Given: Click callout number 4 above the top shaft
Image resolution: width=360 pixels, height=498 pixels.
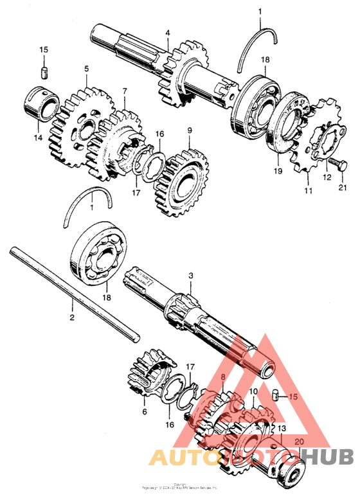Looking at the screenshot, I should coord(167,32).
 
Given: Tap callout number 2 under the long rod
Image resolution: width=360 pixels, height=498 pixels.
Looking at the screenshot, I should coord(72,317).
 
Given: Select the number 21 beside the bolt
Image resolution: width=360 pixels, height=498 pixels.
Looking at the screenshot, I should coord(342,187).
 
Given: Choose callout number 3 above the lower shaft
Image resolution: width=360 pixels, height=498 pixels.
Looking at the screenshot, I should coord(190,276).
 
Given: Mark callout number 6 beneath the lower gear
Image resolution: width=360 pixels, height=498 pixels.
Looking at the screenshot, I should coord(144,411).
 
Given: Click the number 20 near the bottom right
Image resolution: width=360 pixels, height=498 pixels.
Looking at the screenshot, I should coord(298,441).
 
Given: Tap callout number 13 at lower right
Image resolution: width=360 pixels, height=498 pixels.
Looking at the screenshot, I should coord(281,427).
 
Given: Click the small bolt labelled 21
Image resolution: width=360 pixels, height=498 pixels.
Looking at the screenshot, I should coord(337,161).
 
